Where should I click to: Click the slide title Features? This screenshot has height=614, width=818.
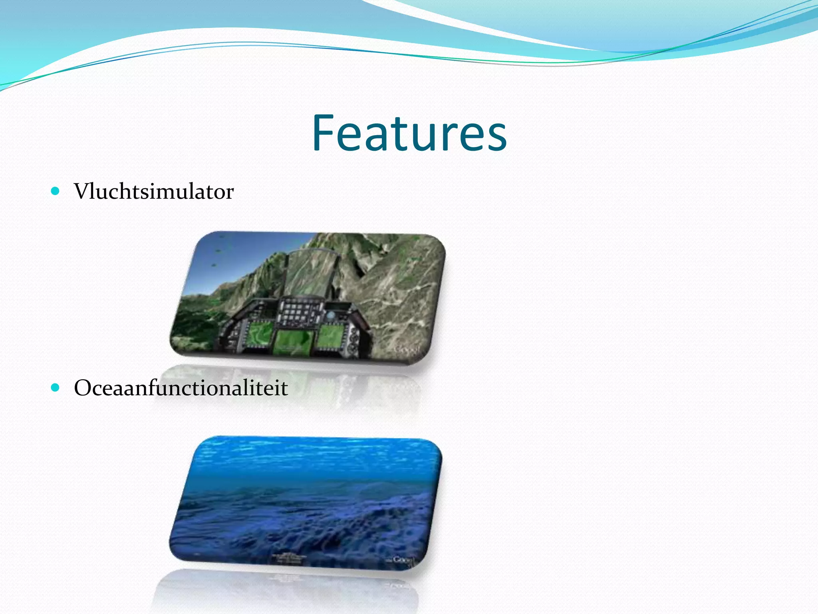[x=409, y=133]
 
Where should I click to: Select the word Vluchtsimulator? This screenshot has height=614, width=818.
[x=154, y=191]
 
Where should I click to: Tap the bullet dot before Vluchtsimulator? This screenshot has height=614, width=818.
[x=56, y=191]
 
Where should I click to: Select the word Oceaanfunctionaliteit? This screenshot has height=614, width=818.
[x=181, y=388]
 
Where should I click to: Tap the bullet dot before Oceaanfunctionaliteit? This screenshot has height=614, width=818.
[x=56, y=387]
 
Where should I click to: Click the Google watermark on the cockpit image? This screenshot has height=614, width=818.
[x=407, y=349]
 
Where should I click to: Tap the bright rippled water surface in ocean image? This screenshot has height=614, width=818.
[x=312, y=456]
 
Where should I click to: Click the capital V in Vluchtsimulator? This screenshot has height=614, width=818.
[x=83, y=191]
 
